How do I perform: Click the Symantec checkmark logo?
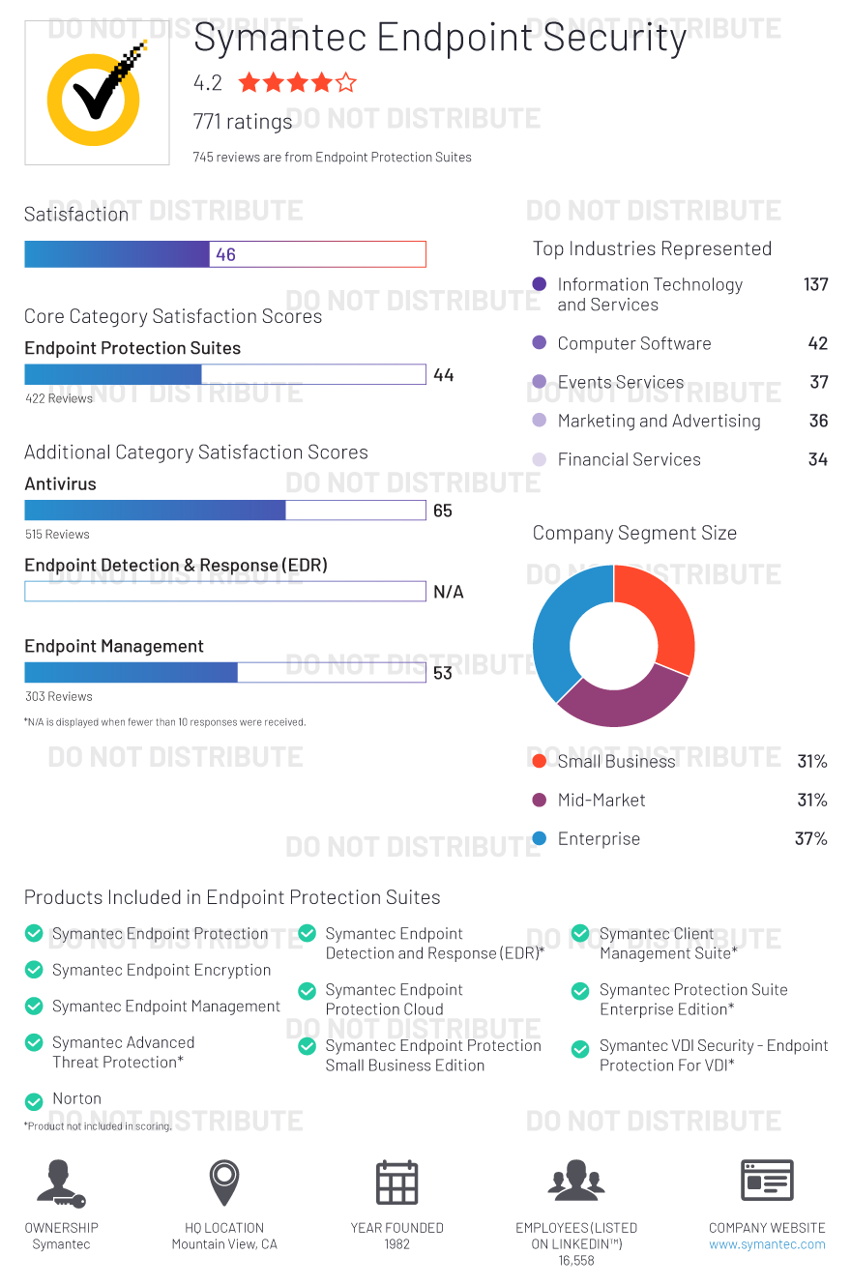point(95,94)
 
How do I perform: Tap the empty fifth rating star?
point(345,83)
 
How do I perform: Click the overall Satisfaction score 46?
point(225,254)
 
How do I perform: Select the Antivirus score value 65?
point(443,511)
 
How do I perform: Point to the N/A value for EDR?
point(448,592)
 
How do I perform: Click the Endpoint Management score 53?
point(443,673)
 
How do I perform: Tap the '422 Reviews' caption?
point(59,398)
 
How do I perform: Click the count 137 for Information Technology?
point(815,284)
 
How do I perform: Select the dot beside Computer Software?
point(540,343)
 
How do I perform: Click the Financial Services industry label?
point(629,459)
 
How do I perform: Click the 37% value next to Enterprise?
point(810,838)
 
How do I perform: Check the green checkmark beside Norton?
point(34,1101)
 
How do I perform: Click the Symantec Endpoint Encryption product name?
point(161,970)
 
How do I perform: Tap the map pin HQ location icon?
point(224,1182)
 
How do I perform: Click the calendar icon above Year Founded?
point(396,1182)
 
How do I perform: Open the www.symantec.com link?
point(767,1244)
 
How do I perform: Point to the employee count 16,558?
point(576,1261)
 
